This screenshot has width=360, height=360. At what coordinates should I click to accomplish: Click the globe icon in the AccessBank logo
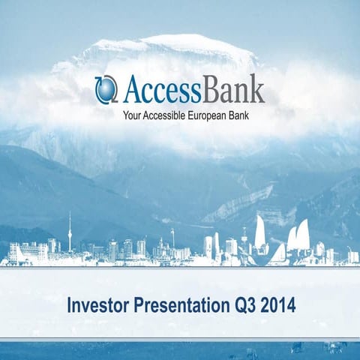click(x=106, y=90)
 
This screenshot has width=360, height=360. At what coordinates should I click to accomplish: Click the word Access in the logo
click(x=159, y=90)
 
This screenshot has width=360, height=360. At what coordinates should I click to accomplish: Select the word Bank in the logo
click(x=232, y=90)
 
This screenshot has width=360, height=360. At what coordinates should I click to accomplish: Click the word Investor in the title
click(x=95, y=306)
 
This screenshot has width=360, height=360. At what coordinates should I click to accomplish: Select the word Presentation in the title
click(x=174, y=306)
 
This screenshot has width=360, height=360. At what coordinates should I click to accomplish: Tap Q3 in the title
click(x=239, y=306)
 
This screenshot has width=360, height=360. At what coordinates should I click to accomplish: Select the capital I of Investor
click(x=70, y=306)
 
